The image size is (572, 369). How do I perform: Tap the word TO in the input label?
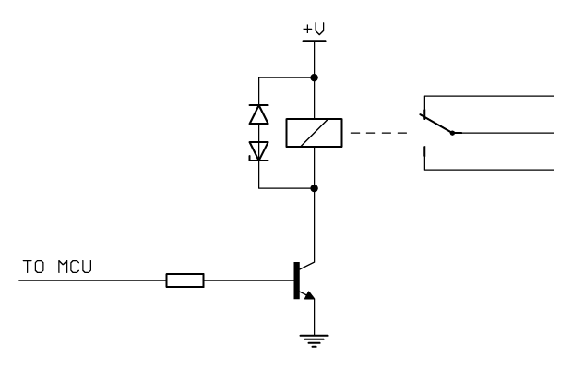[x=32, y=268]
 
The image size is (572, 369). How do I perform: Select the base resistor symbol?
[x=185, y=280]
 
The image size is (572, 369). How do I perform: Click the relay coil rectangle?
[x=315, y=133]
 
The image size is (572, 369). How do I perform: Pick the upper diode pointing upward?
[x=258, y=114]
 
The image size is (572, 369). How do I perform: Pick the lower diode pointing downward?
[x=258, y=150]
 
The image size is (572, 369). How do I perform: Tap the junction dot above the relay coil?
[x=315, y=77]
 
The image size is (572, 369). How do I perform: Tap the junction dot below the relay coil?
[x=315, y=188]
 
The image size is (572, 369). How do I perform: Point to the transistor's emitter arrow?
[x=310, y=294]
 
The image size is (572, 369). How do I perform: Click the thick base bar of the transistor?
[x=295, y=280]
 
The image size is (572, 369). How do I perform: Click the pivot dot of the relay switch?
[x=452, y=133]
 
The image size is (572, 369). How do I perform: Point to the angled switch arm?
[x=436, y=124]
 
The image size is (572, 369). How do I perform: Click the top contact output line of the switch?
[x=489, y=95]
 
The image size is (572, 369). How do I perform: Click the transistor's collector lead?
[x=315, y=231]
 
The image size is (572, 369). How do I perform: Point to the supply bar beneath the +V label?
[x=315, y=40]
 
